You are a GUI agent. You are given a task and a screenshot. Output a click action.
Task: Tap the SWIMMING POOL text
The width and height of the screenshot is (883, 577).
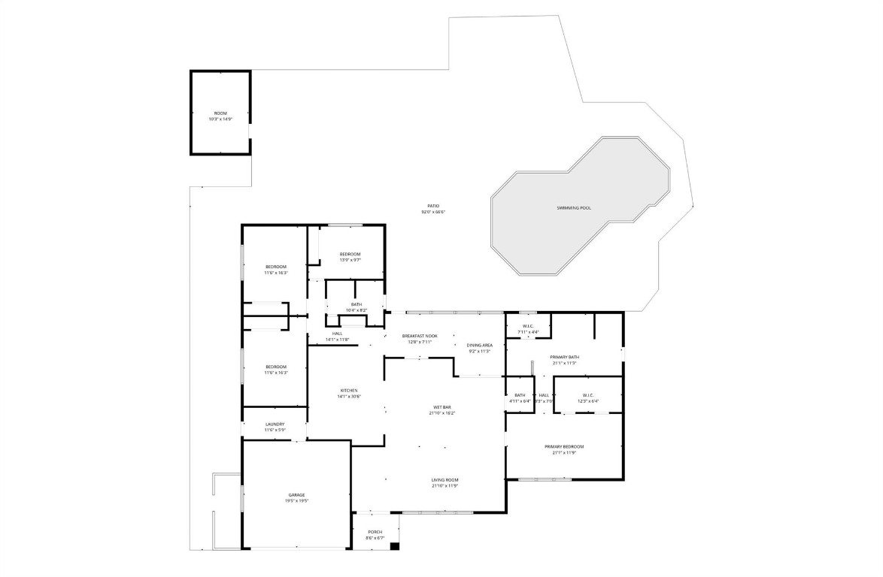574,207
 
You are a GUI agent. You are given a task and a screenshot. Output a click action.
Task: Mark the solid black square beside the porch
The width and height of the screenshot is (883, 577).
394,546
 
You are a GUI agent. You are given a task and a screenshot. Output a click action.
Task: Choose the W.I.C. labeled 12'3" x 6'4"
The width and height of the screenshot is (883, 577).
588,397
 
